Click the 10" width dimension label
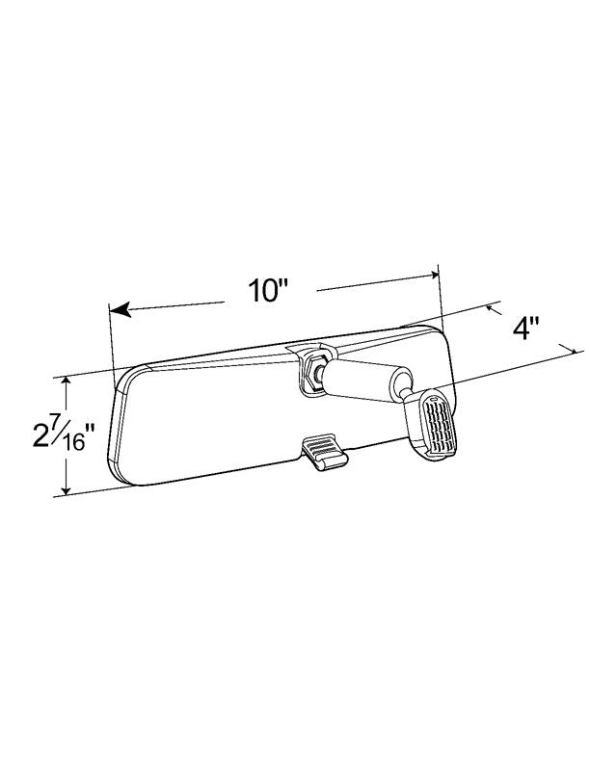(x=268, y=291)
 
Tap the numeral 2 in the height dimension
(x=40, y=434)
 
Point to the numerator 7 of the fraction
(x=55, y=422)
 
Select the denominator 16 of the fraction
(x=74, y=443)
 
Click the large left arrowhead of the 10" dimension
(x=121, y=309)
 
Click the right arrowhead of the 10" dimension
(x=434, y=275)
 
